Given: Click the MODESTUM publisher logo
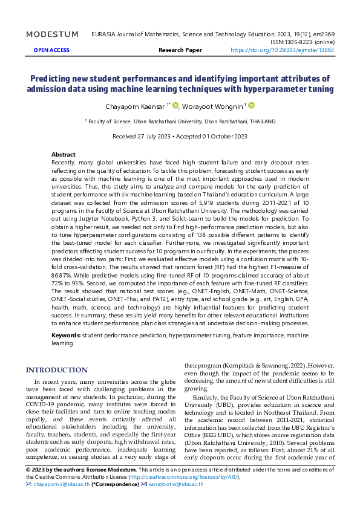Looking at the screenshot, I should pyautogui.click(x=52, y=34).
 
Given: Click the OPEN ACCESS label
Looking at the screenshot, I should pyautogui.click(x=51, y=50).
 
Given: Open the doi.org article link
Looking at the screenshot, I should pyautogui.click(x=282, y=50).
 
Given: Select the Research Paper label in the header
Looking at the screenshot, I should pyautogui.click(x=180, y=50).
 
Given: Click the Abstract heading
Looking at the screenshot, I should pyautogui.click(x=64, y=155).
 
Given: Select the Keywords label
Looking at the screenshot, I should pyautogui.click(x=66, y=334).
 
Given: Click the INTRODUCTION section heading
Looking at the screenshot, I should pyautogui.click(x=56, y=370).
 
